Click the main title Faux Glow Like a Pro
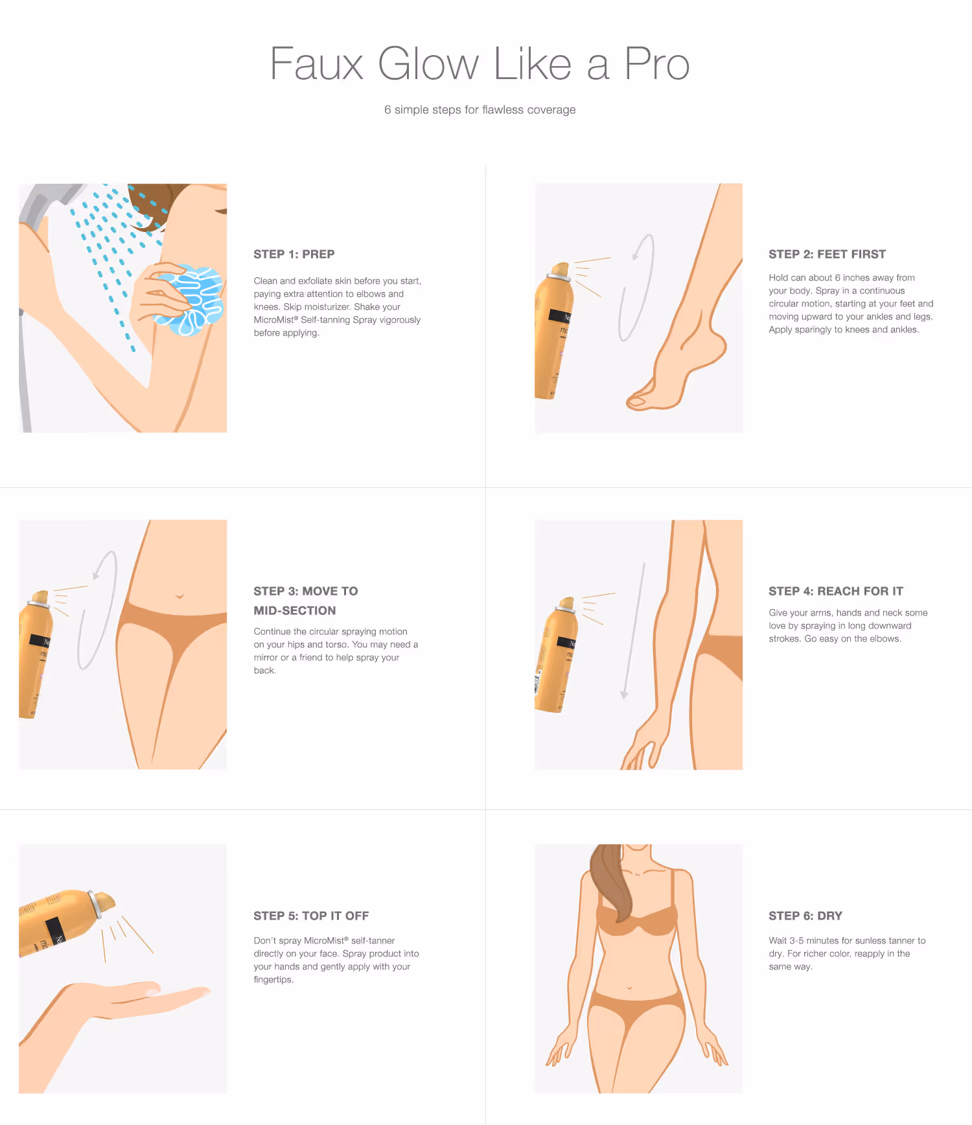[x=480, y=64]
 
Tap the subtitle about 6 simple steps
[x=480, y=110]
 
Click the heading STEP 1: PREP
[x=294, y=254]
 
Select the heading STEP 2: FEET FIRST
[x=827, y=254]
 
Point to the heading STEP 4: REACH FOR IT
[x=836, y=591]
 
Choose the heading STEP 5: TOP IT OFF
[x=311, y=916]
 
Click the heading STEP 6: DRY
[x=805, y=916]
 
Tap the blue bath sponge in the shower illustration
[x=190, y=300]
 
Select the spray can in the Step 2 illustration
[x=553, y=331]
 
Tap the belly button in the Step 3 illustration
[x=179, y=595]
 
